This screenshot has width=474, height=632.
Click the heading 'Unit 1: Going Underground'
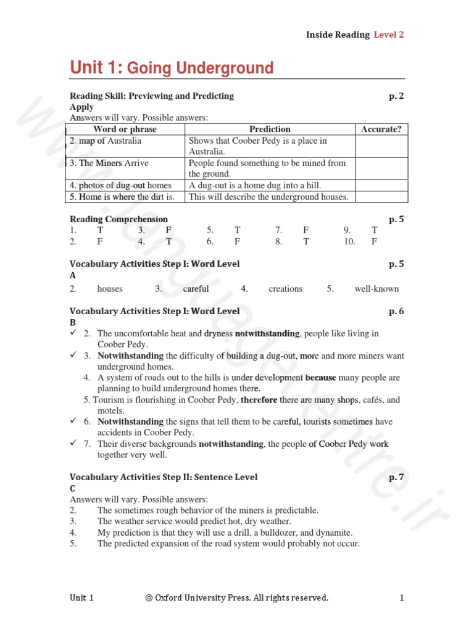[172, 67]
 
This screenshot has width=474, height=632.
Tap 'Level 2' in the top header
[389, 35]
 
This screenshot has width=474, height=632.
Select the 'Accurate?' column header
[381, 129]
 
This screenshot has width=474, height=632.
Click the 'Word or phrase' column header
[125, 129]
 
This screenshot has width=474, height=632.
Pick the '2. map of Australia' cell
[106, 141]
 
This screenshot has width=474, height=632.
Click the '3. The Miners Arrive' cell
[109, 163]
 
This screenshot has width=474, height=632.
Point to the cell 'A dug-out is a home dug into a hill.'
[255, 185]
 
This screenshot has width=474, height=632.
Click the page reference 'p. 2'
[396, 96]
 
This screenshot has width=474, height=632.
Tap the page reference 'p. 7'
[396, 477]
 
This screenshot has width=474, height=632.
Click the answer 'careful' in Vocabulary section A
[196, 288]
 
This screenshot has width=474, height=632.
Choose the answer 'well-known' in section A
[376, 288]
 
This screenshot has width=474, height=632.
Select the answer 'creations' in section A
[286, 288]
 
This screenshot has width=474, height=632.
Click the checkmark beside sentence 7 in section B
[73, 443]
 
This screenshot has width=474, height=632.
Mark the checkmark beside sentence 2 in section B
[73, 333]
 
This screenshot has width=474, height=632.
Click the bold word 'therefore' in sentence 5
[259, 400]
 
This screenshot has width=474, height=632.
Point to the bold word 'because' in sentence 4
[321, 378]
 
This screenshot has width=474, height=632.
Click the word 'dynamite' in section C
[335, 533]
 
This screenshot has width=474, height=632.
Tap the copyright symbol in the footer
[149, 598]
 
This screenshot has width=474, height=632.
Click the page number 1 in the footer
[402, 598]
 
